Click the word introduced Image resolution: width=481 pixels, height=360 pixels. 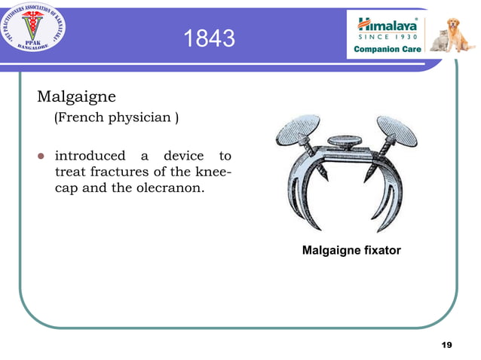90,156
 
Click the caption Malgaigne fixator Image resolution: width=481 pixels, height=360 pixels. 351,249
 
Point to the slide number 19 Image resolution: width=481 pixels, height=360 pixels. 446,344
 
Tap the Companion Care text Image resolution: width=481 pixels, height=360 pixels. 388,49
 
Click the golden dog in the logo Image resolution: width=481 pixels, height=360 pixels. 459,34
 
